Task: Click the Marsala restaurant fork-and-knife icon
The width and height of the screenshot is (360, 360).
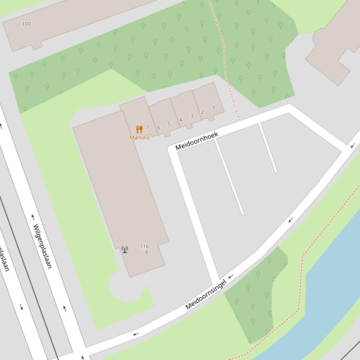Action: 139,129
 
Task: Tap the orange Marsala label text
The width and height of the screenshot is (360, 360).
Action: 140,137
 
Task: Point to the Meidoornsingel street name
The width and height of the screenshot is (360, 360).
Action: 206,294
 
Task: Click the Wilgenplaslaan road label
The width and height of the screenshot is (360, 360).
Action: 42,246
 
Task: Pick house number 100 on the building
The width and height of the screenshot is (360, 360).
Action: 26,24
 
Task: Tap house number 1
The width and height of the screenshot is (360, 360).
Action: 213,108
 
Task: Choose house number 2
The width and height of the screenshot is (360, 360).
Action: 202,112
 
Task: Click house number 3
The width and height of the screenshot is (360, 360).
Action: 191,116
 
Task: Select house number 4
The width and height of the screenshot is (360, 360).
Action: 180,120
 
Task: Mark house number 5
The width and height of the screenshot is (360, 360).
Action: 169,124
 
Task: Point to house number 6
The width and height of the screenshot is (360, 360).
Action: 159,128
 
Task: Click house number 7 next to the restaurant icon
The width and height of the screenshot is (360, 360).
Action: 147,127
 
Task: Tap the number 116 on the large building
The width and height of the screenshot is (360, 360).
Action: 144,246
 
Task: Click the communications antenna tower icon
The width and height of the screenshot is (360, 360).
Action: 125,250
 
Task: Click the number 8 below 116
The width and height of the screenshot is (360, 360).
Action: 147,252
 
